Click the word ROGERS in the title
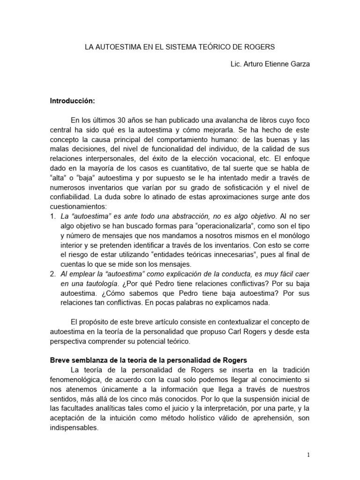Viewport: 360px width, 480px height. tap(257, 47)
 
